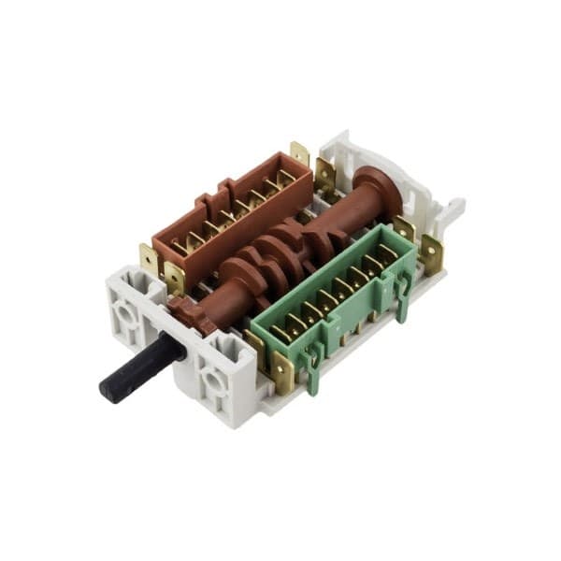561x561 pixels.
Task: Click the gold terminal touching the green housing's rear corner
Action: [404, 229]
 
